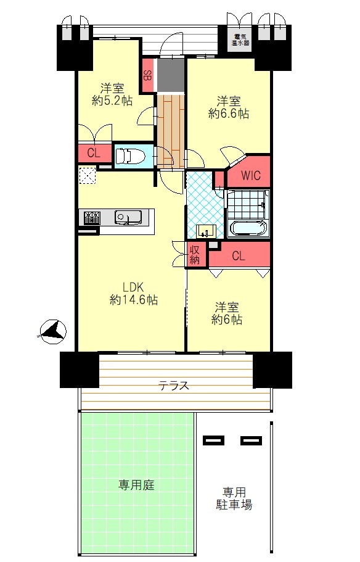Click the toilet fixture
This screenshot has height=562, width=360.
point(129,157)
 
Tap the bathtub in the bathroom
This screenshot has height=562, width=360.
point(248,228)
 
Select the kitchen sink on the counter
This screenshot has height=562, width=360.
point(128,217)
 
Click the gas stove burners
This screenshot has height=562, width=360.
point(92,218)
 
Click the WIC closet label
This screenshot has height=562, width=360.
point(250,176)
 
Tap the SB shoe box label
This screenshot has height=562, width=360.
point(147,75)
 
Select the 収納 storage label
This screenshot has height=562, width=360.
point(195,255)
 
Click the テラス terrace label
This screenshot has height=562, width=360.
point(174,386)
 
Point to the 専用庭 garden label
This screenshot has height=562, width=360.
point(136,486)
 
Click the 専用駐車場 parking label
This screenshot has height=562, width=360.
point(234,498)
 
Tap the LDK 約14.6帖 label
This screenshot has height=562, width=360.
point(134,293)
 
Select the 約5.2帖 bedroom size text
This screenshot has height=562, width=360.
point(112,101)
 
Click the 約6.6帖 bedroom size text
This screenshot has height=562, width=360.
point(229,114)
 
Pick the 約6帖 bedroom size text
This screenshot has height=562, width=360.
point(226,320)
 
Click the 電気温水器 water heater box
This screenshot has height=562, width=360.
point(240,39)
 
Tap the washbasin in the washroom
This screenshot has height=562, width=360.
point(206,231)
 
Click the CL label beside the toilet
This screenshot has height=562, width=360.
point(94,154)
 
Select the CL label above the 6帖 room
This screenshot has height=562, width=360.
point(239,256)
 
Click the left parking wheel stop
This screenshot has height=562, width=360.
point(213,440)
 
